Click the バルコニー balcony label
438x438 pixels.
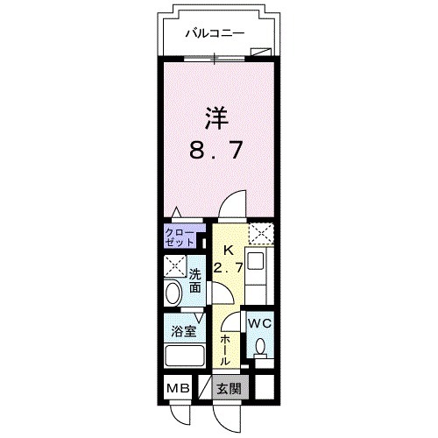[x=214, y=34]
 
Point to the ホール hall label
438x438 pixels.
[x=225, y=349]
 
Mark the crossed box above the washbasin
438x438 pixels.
[x=173, y=265]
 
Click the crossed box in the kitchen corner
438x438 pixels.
[x=260, y=234]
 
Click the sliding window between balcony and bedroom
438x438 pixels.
[x=215, y=59]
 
